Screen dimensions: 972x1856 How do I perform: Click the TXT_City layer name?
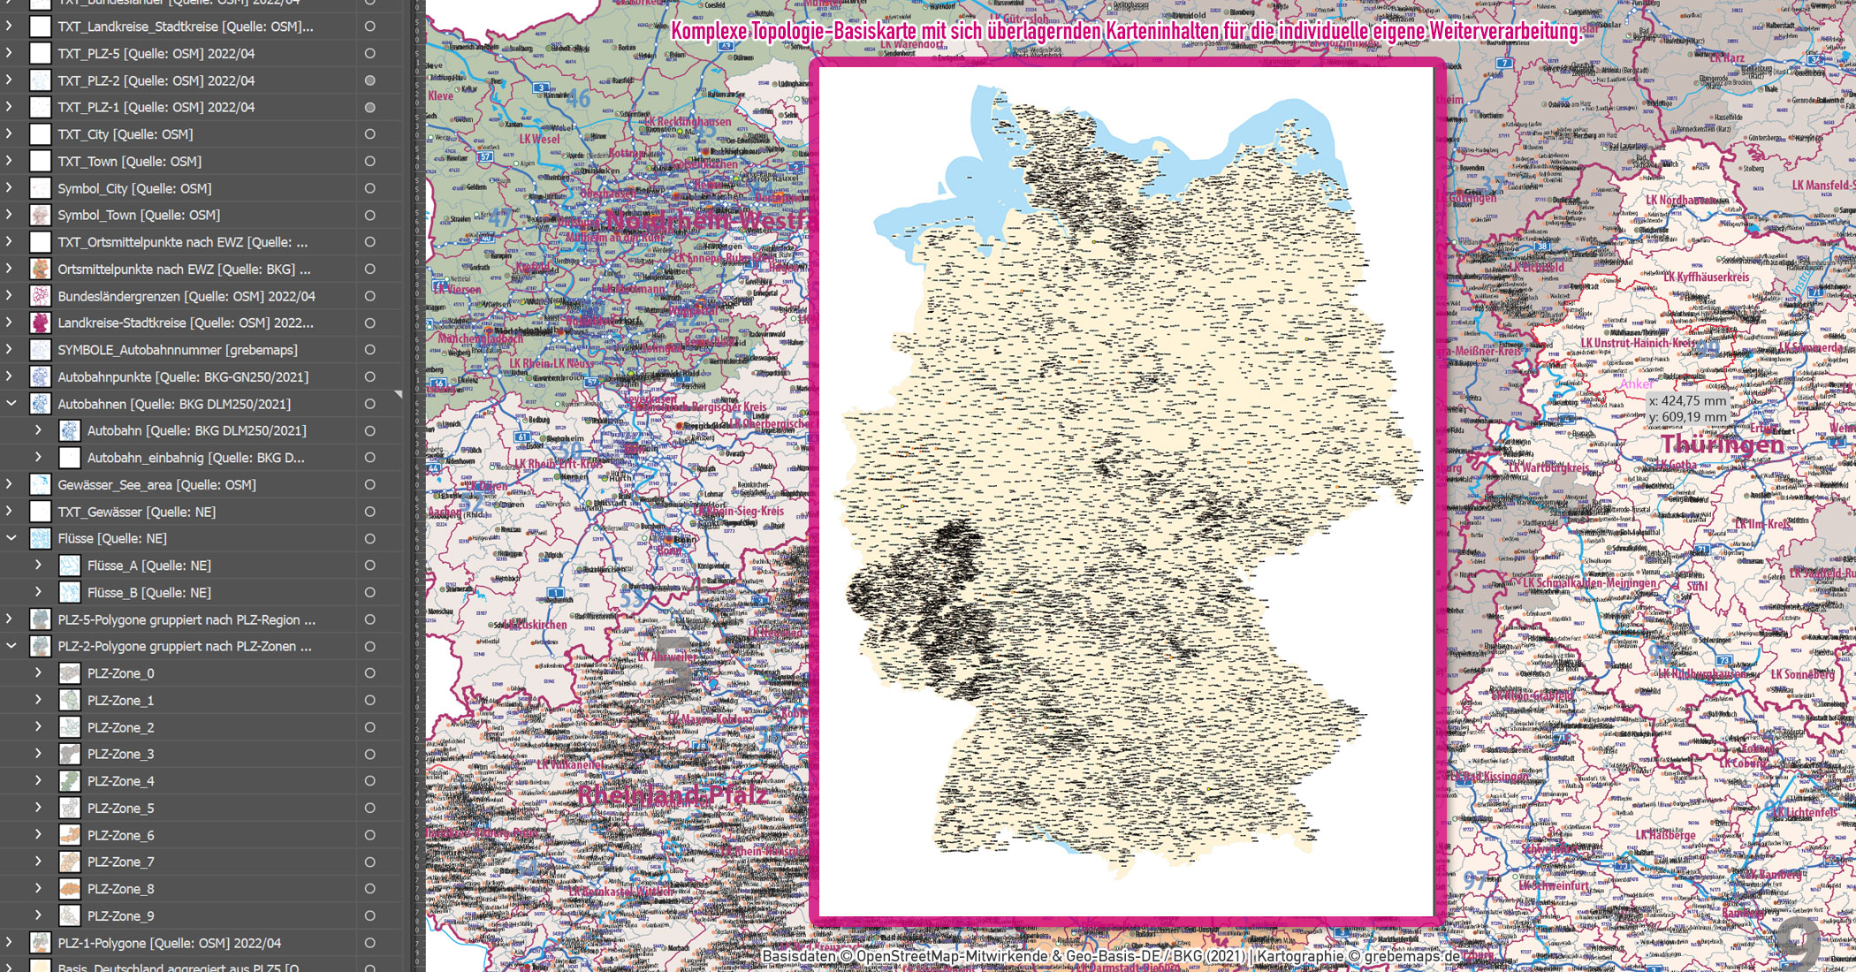coord(125,134)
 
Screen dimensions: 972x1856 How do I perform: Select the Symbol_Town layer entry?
coord(139,215)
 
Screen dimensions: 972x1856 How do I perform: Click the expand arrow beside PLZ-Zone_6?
coord(38,835)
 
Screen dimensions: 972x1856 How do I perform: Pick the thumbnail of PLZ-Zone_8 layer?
coord(70,889)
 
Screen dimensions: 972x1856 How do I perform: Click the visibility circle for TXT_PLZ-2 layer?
coord(369,80)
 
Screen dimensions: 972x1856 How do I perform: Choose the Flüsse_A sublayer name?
coord(148,566)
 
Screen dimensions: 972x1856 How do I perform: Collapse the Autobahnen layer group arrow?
coord(11,404)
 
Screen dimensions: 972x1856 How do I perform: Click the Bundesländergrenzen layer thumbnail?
coord(41,296)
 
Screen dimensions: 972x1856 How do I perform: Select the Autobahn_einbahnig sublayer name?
coord(195,458)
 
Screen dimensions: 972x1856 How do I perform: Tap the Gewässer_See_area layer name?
coord(156,484)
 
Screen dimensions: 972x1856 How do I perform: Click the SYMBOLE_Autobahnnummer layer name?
coord(177,350)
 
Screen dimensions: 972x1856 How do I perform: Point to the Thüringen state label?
coord(1723,444)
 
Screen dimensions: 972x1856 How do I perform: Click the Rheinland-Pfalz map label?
coord(672,795)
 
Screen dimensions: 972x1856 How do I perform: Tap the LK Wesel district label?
coord(539,139)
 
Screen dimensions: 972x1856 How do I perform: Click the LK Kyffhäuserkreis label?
coord(1706,277)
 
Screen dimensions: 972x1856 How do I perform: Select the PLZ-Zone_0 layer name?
coord(120,673)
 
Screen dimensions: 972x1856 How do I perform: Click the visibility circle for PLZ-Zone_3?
coord(369,755)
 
